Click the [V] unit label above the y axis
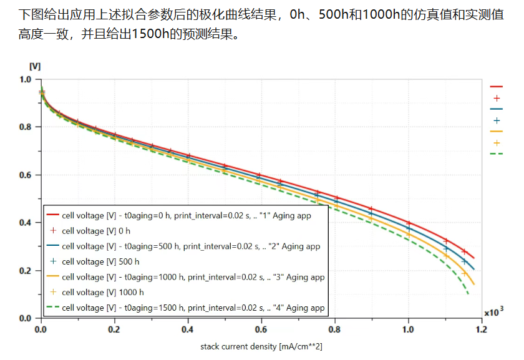coord(35,67)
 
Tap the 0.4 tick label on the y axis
coord(25,223)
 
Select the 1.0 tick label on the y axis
coord(25,80)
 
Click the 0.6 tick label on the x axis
coord(261,329)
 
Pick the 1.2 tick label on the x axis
coord(481,329)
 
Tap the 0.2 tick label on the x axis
coord(114,329)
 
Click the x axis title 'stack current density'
coord(238,347)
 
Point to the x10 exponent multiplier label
coord(493,312)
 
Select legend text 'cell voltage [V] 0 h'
coord(96,231)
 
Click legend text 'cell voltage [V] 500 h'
coord(100,261)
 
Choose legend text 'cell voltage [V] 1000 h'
coord(103,293)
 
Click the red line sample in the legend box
coord(53,215)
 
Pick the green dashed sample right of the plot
coord(497,153)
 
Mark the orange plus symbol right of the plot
coord(497,143)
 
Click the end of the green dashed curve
coord(468,294)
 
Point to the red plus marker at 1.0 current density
coord(409,223)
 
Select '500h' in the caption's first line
coord(333,14)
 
